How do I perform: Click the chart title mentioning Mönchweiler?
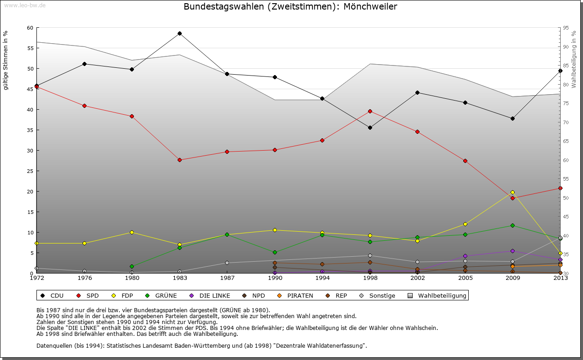tap(290, 7)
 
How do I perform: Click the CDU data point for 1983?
tap(179, 33)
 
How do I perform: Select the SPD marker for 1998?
tap(370, 111)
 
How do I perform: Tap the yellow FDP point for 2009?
tap(512, 192)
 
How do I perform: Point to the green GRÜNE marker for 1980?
tap(132, 266)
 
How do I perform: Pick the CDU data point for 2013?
tap(560, 71)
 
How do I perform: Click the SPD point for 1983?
tap(179, 160)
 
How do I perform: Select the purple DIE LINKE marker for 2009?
tap(512, 251)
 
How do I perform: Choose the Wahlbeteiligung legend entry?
tap(442, 296)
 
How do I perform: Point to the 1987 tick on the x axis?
tap(227, 278)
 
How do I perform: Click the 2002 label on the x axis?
tap(417, 278)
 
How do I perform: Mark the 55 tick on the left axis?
tap(30, 48)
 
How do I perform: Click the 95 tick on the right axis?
tap(566, 28)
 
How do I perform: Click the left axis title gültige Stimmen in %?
tap(6, 60)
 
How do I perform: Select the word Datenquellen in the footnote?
tap(54, 345)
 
